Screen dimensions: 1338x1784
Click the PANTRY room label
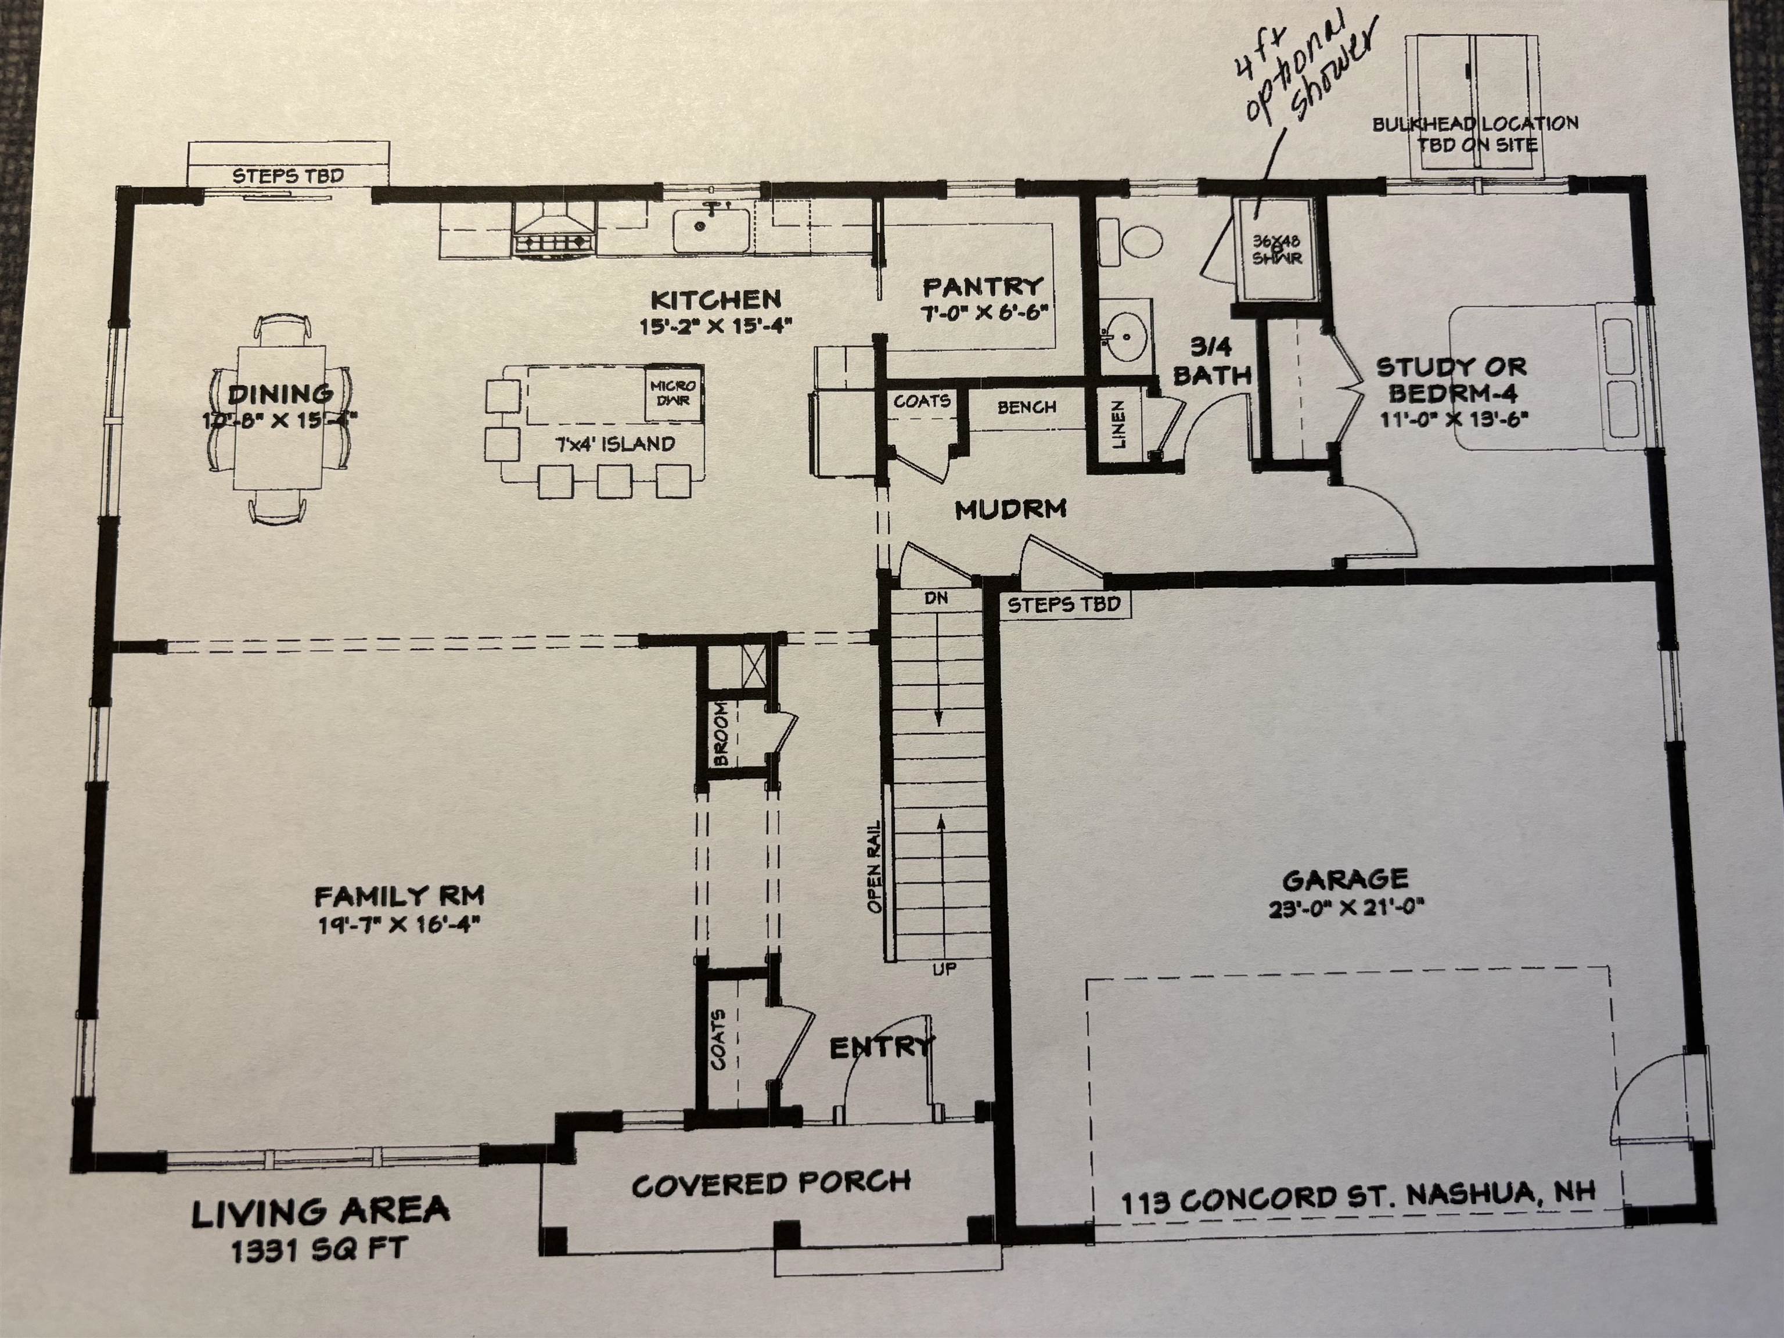pos(983,287)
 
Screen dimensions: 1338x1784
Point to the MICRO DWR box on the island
pos(672,394)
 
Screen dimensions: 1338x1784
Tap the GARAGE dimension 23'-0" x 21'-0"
pos(1345,908)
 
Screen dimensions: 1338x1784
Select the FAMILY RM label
pos(399,896)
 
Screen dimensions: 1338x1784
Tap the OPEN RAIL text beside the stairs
pos(875,867)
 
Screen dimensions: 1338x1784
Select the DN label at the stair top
pos(936,598)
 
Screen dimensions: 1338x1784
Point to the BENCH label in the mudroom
pos(1027,407)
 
